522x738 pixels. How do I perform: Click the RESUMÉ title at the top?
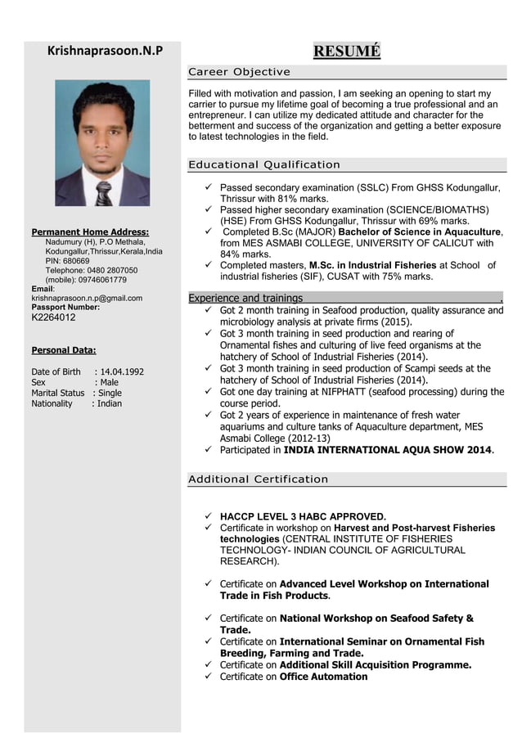pyautogui.click(x=347, y=52)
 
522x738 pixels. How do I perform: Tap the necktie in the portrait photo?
pyautogui.click(x=103, y=193)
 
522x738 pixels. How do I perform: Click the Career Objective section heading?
pyautogui.click(x=239, y=72)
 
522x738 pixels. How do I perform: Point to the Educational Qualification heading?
pyautogui.click(x=263, y=165)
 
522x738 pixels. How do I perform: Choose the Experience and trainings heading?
pyautogui.click(x=245, y=299)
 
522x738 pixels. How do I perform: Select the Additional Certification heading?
pyautogui.click(x=258, y=479)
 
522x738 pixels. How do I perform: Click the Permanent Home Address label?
pyautogui.click(x=90, y=232)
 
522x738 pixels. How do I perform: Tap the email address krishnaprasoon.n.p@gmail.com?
pyautogui.click(x=87, y=299)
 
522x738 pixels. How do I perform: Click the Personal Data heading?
pyautogui.click(x=64, y=350)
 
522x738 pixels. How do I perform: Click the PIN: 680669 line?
pyautogui.click(x=67, y=261)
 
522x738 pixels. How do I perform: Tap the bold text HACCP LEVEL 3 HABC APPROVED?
pyautogui.click(x=302, y=517)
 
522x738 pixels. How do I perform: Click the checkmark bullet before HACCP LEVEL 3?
pyautogui.click(x=209, y=517)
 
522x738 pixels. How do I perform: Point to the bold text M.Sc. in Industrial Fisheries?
pyautogui.click(x=372, y=266)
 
